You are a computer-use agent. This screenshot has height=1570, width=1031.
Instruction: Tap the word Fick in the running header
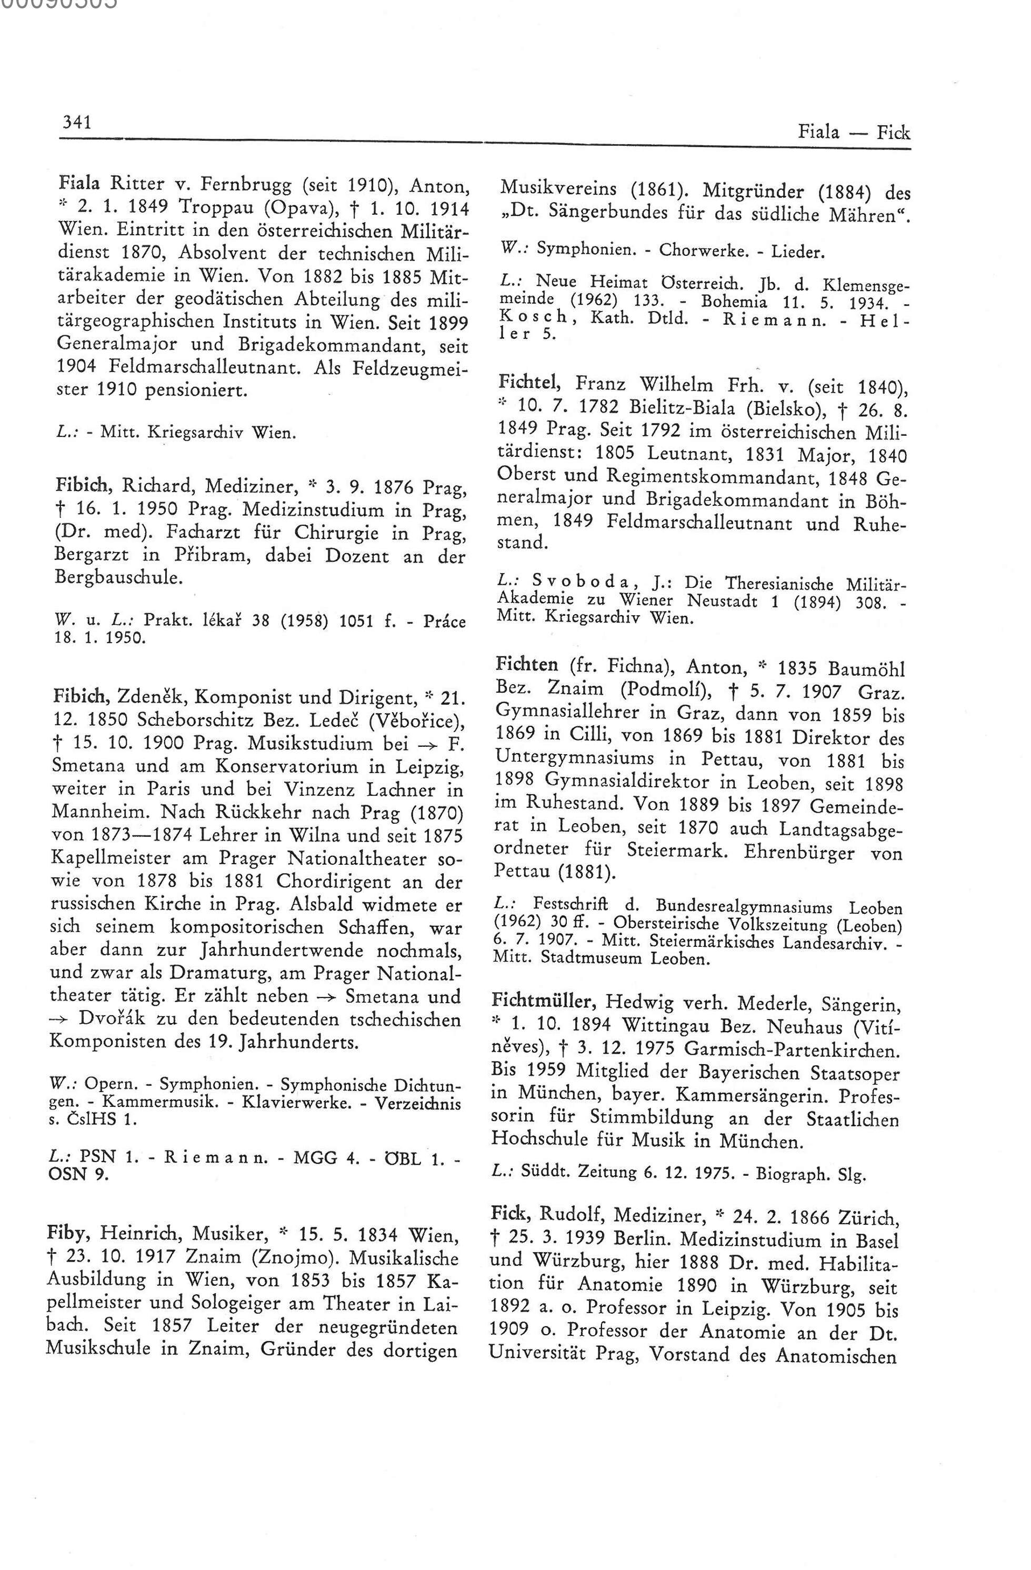pos(893,133)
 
